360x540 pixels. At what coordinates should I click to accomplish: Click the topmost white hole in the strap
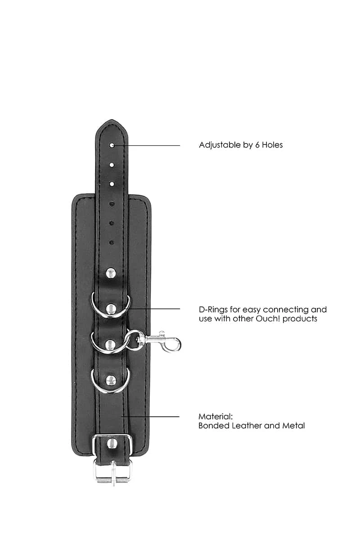pos(112,145)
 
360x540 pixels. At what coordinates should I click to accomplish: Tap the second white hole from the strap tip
pos(112,165)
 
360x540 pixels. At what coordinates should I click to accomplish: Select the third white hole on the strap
pos(112,184)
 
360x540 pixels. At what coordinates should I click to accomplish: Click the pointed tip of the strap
pos(111,120)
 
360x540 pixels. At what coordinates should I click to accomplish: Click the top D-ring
pos(111,305)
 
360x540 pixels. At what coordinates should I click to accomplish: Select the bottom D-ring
pos(110,381)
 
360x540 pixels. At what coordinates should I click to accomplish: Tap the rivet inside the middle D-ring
pos(110,345)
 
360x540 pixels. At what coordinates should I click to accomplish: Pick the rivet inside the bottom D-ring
pos(111,380)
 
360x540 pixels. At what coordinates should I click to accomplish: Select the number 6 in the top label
pos(257,145)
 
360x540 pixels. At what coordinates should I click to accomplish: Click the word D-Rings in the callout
pos(213,310)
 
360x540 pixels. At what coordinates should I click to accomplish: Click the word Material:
pos(216,417)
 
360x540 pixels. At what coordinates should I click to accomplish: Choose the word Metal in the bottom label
pos(293,426)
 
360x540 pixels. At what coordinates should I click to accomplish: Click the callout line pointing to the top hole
pos(147,145)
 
